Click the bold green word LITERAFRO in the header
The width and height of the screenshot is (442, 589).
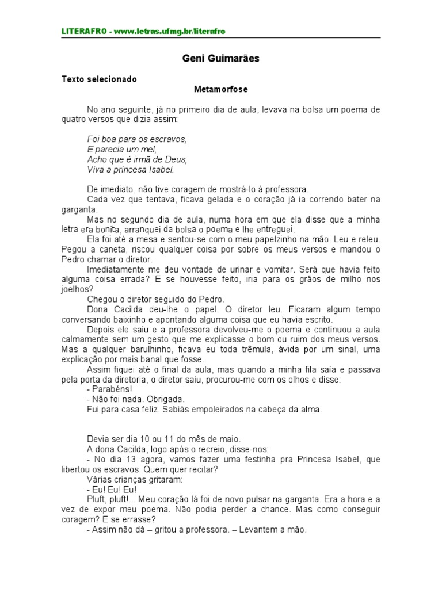coord(83,30)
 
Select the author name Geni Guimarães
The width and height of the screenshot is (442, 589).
coord(221,59)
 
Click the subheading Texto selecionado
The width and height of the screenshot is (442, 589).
coord(99,79)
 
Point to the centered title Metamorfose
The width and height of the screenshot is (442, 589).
coord(221,90)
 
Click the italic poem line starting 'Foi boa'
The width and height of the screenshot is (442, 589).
coord(137,139)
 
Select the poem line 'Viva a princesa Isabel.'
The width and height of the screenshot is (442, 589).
coord(130,170)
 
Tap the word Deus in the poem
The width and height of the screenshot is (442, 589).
coord(177,159)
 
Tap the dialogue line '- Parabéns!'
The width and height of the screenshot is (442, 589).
coord(109,389)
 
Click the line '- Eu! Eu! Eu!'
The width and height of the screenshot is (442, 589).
coord(112,489)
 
